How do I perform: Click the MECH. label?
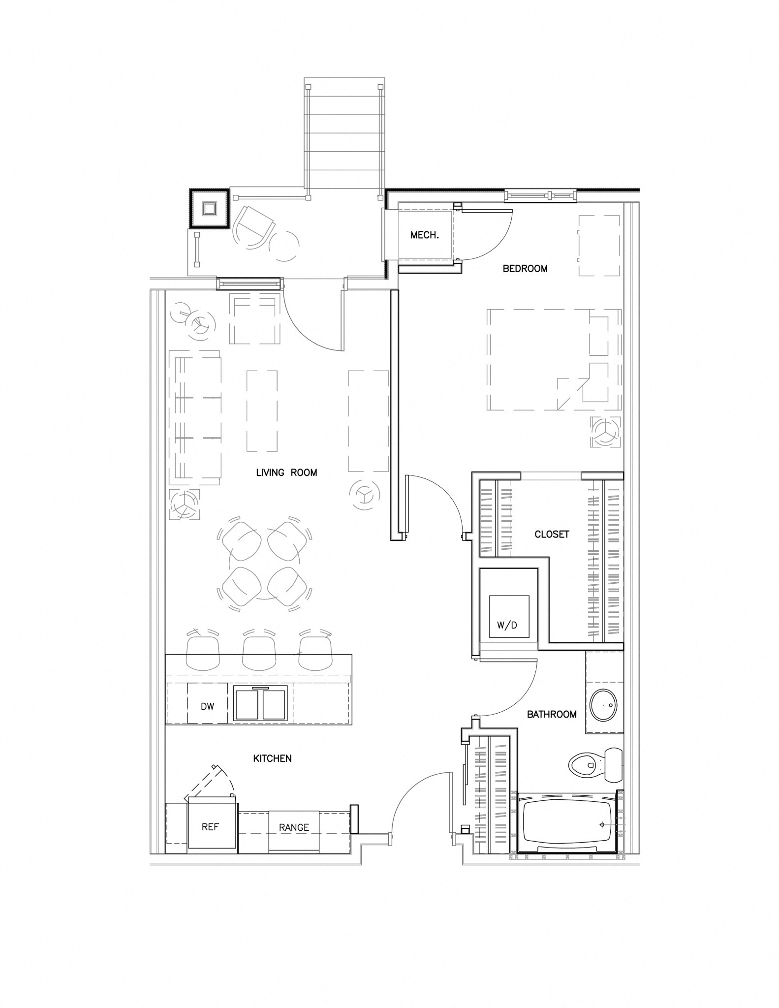coord(424,235)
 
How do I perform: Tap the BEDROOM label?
coord(525,269)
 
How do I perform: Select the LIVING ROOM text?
coord(286,472)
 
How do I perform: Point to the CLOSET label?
coord(552,534)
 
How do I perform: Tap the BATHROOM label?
coord(552,714)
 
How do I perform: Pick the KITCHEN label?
coord(272,758)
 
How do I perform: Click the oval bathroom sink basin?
coord(603,705)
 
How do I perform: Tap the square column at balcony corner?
coord(209,209)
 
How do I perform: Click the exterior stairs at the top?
coord(343,138)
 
